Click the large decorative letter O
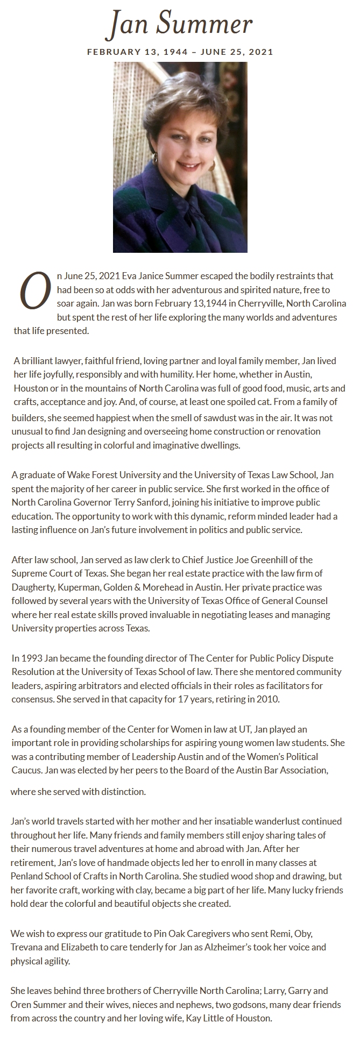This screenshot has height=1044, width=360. [34, 292]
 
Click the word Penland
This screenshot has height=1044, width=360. [26, 876]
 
